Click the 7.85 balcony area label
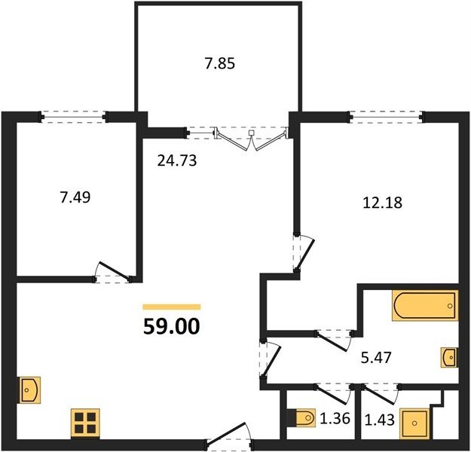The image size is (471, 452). coord(219,64)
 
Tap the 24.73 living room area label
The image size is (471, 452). coord(177,160)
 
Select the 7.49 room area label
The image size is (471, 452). coord(75,197)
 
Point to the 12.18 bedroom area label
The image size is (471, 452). coord(382,203)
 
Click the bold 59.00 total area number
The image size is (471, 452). coord(172,326)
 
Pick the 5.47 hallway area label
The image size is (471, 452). coord(376,358)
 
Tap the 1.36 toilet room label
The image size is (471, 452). coord(335,418)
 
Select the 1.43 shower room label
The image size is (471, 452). coord(379,420)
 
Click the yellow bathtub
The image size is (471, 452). coord(425,305)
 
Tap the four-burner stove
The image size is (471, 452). coord(85,423)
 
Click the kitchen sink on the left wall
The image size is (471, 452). coord(30,389)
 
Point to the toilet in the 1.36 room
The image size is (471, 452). coord(301,417)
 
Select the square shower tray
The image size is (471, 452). coord(414,423)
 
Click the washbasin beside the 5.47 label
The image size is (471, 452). coord(450,357)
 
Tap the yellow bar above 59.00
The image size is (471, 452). coord(172,307)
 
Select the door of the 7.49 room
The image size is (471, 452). coord(112,273)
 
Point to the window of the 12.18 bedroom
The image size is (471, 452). coord(387,117)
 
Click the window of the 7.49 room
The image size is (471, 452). coord(74,117)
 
